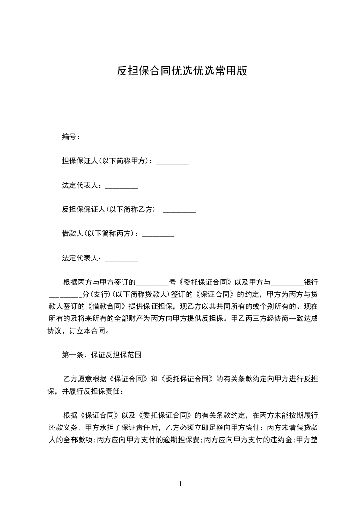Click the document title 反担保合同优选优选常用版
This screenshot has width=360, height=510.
pos(182,71)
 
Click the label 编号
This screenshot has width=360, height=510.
pos(69,136)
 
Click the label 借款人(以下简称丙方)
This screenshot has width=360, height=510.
pos(98,234)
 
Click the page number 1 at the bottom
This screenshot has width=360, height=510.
pos(180,484)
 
